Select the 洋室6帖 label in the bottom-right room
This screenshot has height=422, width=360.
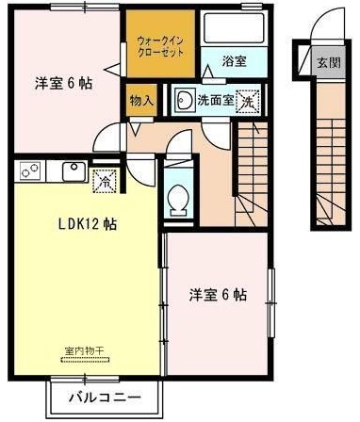(x=218, y=294)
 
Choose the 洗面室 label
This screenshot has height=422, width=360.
(x=214, y=98)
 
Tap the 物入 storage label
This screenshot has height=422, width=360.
(x=141, y=100)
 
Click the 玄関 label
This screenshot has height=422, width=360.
(x=328, y=64)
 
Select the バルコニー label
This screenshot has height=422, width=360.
(x=104, y=398)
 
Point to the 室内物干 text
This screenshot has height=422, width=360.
(x=83, y=352)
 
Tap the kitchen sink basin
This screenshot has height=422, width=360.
(x=71, y=171)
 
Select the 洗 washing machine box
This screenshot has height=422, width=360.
(x=247, y=98)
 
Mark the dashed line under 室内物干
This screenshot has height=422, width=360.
(x=83, y=360)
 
